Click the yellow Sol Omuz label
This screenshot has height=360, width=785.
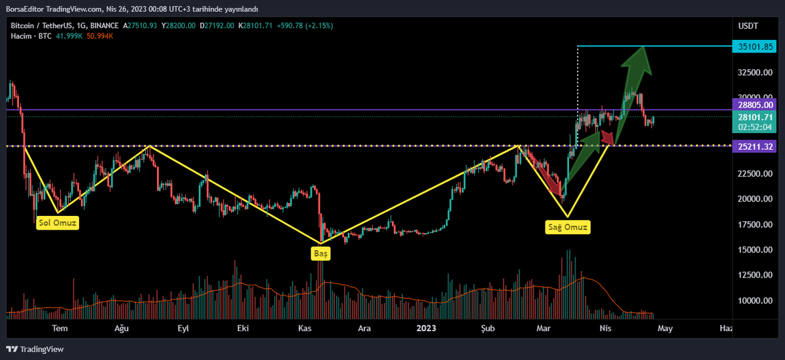click(58, 223)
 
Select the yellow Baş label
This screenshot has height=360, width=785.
click(321, 253)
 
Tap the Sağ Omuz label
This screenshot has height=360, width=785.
click(568, 227)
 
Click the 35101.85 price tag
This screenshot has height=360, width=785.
click(756, 46)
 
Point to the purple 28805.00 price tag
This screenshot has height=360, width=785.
click(756, 104)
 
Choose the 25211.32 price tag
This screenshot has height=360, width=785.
click(756, 146)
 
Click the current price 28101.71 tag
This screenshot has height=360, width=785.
click(756, 117)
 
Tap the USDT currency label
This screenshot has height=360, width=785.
click(748, 26)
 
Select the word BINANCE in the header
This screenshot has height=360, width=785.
click(104, 26)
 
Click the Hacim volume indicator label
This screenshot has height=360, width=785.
click(22, 35)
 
